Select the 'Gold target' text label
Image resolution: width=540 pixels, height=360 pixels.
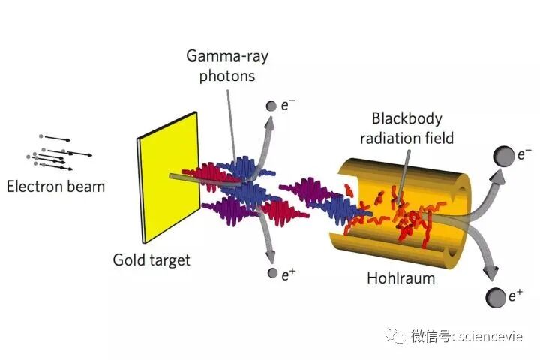(151, 260)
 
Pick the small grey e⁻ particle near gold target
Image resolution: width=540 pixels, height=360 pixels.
(271, 106)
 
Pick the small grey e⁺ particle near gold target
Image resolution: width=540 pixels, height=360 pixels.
(271, 273)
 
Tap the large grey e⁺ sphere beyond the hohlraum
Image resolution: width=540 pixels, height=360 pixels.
(496, 296)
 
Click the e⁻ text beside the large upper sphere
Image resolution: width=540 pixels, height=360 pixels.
(524, 156)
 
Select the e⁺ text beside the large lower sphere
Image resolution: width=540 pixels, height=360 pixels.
(516, 296)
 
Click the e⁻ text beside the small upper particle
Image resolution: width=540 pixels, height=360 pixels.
(287, 105)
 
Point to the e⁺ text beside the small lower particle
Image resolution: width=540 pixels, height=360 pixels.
(288, 273)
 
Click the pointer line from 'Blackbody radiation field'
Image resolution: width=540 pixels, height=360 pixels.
(405, 172)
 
